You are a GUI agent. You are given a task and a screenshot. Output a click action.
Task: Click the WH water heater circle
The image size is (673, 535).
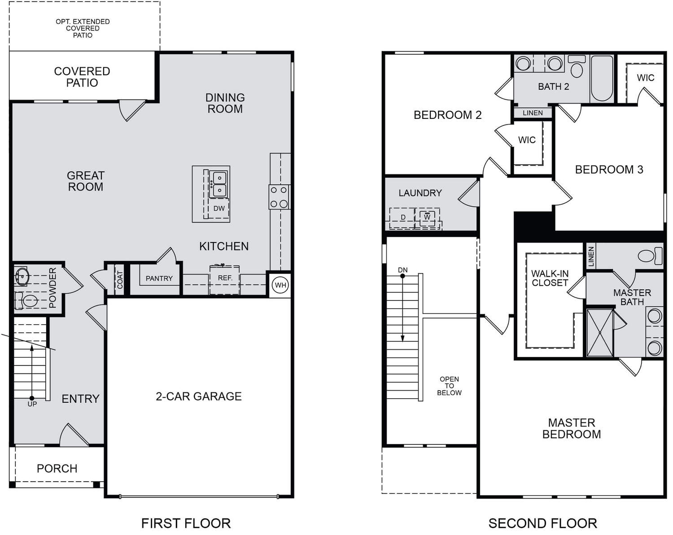280,285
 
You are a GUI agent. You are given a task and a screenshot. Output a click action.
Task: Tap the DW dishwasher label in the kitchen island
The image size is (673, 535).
219,208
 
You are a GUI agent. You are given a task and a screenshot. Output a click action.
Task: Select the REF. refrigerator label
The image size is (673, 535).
225,278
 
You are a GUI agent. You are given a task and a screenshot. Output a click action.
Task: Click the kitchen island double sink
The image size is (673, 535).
219,184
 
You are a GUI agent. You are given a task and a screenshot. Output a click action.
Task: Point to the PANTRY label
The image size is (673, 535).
159,278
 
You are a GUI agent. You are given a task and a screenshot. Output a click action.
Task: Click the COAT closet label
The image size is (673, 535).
120,279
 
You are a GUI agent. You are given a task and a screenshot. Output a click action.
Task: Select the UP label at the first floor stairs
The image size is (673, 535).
32,404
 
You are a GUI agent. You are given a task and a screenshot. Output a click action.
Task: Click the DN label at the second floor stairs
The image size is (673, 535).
403,270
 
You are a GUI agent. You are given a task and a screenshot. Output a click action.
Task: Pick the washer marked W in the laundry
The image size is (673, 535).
427,217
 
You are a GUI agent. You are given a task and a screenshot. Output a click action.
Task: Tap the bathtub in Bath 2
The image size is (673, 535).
602,78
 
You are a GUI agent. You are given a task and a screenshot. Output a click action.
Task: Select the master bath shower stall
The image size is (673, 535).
600,333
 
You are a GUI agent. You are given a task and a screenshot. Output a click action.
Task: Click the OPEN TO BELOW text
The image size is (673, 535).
449,386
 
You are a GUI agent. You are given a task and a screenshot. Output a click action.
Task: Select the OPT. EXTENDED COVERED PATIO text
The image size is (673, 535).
83,28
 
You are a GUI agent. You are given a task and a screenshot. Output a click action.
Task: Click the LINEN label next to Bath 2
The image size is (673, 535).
533,113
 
